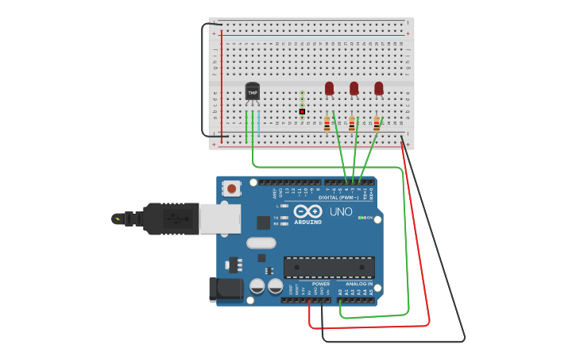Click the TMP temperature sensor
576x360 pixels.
point(252,92)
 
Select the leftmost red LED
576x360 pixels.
point(329,88)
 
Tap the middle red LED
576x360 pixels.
point(354,88)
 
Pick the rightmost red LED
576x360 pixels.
point(379,88)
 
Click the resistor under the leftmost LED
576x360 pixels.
point(327,124)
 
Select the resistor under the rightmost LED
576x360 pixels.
point(377,124)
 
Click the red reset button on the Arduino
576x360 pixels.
point(231,188)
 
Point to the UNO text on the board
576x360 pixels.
point(341,212)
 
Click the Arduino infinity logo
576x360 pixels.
point(307,211)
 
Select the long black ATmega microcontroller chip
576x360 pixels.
point(329,267)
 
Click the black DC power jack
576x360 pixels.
point(225,289)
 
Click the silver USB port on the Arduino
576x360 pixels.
point(219,219)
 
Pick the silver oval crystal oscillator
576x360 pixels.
point(261,243)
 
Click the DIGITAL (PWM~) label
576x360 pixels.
point(339,197)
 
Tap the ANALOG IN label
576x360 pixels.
point(358,284)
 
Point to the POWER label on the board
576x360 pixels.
point(321,284)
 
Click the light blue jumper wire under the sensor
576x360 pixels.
point(259,126)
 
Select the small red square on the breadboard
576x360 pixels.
point(302,111)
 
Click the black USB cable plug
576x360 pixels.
point(170,219)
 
